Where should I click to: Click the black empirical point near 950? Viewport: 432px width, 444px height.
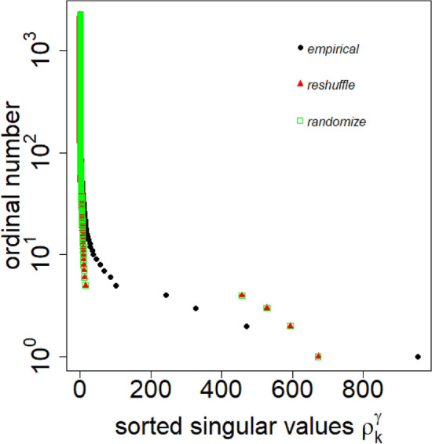pos(418,356)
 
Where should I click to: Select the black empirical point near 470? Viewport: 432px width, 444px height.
pos(247,326)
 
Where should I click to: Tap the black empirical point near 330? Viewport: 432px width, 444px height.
pos(196,308)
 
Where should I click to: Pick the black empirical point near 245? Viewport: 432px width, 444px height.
pos(166,295)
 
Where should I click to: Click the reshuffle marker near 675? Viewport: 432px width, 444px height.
pos(318,356)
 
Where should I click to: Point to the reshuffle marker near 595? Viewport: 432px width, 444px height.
pos(291,326)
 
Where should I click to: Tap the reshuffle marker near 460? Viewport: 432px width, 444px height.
pos(242,295)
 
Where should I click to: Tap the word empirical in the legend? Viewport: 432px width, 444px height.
pos(333,49)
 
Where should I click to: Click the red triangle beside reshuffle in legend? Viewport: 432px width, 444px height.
pos(299,84)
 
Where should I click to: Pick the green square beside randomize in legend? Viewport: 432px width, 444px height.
pos(299,121)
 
